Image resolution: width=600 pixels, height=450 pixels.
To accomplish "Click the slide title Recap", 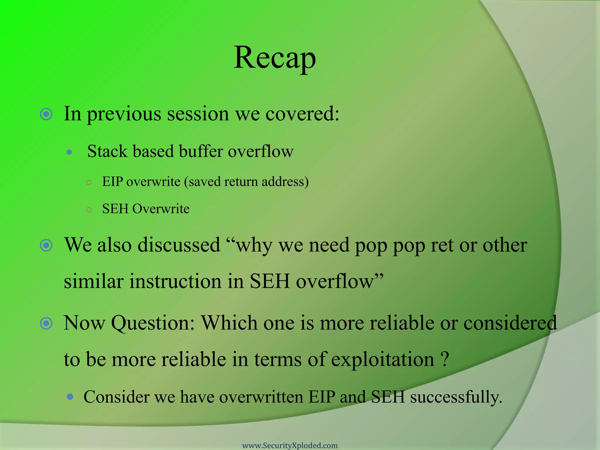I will [275, 58].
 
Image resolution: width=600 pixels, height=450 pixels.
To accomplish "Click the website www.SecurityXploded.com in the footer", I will [290, 445].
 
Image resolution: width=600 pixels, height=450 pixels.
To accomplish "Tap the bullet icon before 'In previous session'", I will [46, 114].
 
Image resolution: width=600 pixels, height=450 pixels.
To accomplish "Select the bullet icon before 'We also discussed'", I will [46, 245].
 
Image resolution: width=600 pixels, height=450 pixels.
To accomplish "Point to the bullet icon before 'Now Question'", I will [46, 323].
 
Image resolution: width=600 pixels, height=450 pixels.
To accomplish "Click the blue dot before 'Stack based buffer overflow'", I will [69, 152].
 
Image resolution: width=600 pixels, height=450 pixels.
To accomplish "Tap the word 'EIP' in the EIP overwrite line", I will [112, 182].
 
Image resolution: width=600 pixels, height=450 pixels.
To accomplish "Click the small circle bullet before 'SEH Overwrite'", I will [89, 209].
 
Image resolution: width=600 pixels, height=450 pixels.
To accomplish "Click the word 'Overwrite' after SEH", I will [161, 209].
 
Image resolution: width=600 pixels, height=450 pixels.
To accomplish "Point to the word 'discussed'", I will [179, 245].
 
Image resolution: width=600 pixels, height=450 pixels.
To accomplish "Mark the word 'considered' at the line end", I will [510, 323].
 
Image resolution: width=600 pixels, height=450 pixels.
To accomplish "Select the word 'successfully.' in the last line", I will [456, 397].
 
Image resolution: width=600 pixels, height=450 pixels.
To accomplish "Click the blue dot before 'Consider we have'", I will [70, 397].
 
